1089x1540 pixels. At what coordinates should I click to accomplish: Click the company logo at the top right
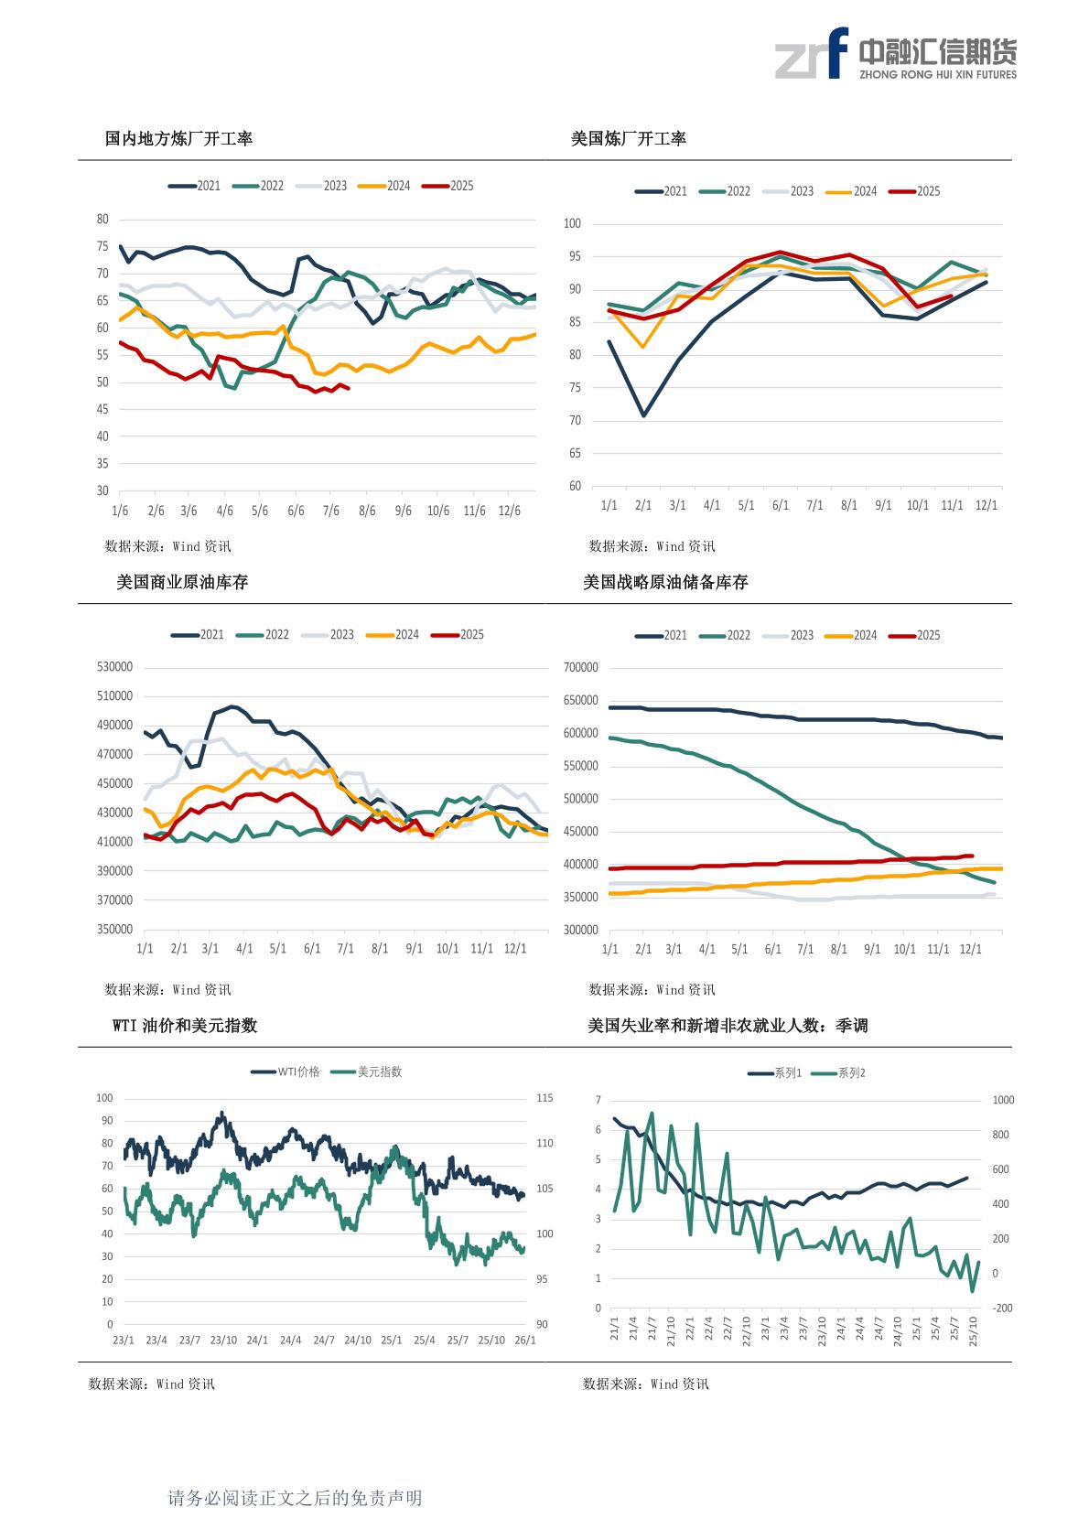[895, 55]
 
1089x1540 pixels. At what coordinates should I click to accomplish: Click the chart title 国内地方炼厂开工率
[178, 139]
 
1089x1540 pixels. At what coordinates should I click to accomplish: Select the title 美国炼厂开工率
[628, 139]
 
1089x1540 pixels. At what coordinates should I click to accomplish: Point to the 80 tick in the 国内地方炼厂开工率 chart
[102, 220]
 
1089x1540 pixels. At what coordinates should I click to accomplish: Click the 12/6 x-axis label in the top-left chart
[510, 511]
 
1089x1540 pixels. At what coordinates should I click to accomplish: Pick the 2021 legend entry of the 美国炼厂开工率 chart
[662, 191]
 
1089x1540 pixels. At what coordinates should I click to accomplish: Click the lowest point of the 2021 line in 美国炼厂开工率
[643, 415]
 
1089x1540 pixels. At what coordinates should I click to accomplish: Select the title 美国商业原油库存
[182, 583]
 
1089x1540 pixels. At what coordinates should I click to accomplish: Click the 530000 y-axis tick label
[114, 668]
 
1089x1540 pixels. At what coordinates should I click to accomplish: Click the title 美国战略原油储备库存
[665, 583]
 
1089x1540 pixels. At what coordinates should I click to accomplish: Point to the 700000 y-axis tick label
[581, 668]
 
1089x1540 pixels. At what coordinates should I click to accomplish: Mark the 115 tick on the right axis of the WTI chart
[544, 1098]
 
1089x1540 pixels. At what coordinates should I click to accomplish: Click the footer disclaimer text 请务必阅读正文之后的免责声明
[295, 1498]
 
